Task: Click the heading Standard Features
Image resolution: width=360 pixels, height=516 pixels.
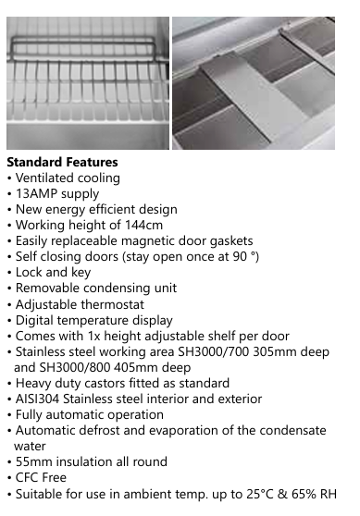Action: [x=62, y=162]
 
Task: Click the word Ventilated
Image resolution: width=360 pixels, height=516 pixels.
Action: [x=47, y=178]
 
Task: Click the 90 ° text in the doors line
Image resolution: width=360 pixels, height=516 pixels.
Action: [x=242, y=256]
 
